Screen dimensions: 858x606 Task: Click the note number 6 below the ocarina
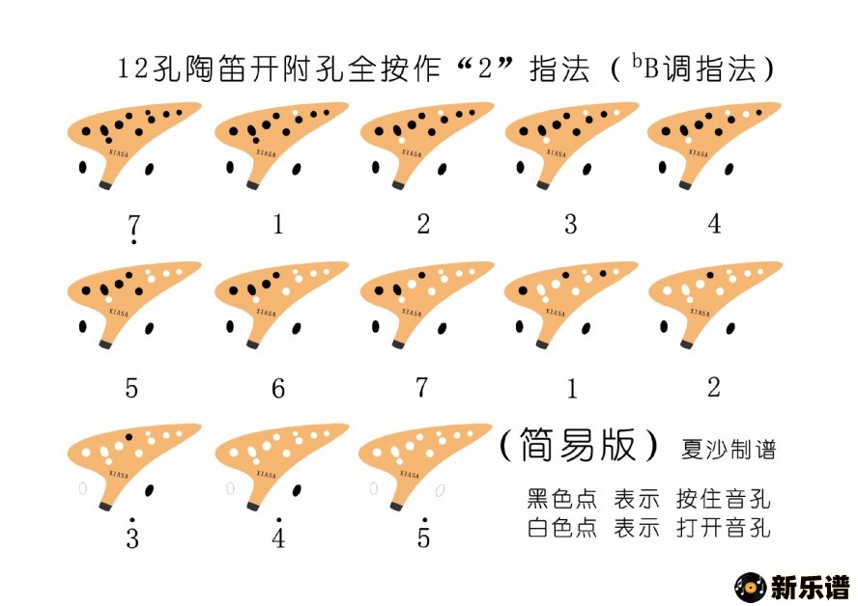[278, 389]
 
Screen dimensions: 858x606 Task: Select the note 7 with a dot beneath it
[134, 229]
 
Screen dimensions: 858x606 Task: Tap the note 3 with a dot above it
[132, 534]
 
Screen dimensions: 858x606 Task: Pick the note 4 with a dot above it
[278, 534]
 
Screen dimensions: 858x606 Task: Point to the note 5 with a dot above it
[423, 534]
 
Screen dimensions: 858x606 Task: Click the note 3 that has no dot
[570, 224]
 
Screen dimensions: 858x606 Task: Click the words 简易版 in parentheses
[578, 445]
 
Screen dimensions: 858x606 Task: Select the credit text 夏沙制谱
[729, 449]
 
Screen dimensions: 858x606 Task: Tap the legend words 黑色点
[562, 498]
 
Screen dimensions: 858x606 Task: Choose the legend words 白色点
[562, 528]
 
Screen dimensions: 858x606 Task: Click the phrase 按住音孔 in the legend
[724, 498]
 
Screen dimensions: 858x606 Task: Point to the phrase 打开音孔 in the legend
[724, 528]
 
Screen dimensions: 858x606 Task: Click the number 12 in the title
[133, 69]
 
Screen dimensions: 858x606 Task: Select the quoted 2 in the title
[485, 69]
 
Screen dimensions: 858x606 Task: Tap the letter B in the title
[651, 69]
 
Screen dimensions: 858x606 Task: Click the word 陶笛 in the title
[215, 69]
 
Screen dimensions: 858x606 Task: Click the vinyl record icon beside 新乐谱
[750, 588]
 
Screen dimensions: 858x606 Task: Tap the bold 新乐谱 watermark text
[811, 588]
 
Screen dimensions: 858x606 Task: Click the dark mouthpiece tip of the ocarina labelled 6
[252, 344]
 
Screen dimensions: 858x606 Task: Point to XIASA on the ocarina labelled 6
[267, 313]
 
